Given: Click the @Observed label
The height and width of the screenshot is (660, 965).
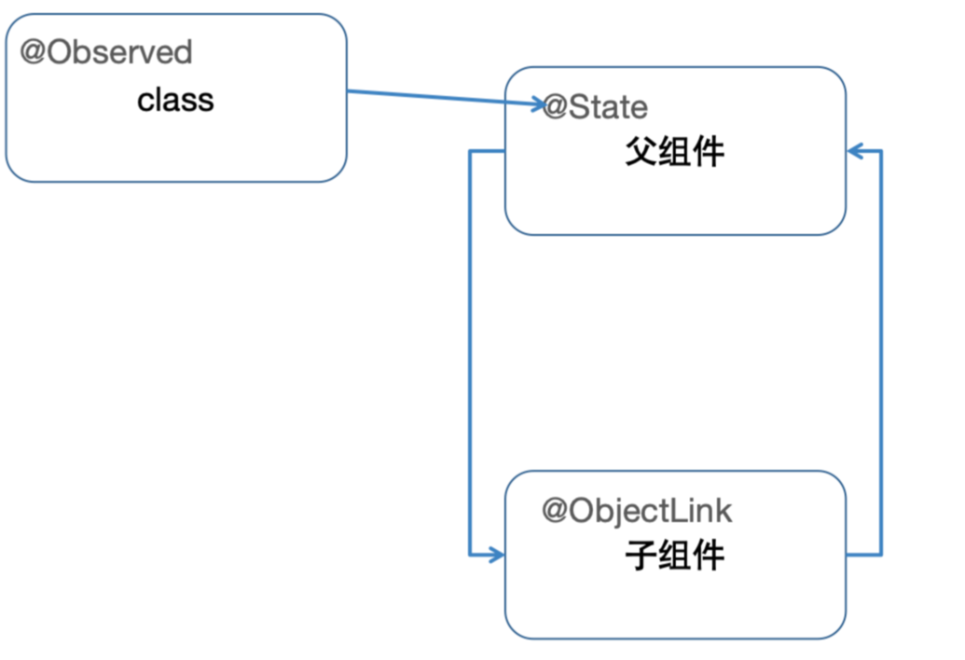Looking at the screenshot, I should click(106, 52).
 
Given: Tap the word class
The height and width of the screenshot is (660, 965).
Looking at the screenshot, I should click(175, 100).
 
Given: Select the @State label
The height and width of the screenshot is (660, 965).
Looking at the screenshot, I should click(595, 107).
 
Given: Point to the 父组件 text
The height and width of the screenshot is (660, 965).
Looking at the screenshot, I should click(674, 153).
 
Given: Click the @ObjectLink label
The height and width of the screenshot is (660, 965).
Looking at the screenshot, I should click(637, 511).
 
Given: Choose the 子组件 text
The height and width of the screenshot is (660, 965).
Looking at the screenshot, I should click(674, 557).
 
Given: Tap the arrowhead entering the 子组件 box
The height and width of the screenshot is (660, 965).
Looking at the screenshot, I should click(496, 556).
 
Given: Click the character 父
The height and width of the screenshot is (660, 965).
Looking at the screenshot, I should click(641, 153).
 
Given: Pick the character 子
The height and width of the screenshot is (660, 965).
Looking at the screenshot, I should click(641, 557).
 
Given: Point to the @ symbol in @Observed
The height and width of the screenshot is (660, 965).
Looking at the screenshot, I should click(33, 52).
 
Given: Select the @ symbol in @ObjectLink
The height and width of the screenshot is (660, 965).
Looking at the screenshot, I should click(556, 511).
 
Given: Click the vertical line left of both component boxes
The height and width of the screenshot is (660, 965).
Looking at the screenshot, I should click(471, 354).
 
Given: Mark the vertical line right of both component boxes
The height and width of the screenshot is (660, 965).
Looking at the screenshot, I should click(881, 354).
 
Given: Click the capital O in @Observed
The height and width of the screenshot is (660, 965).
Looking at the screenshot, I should click(58, 52).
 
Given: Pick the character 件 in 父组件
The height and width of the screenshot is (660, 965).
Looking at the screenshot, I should click(708, 153).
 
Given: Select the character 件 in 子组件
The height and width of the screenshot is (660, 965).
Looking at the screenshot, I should click(708, 557).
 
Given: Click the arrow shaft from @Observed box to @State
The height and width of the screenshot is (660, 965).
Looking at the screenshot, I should click(438, 98).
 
